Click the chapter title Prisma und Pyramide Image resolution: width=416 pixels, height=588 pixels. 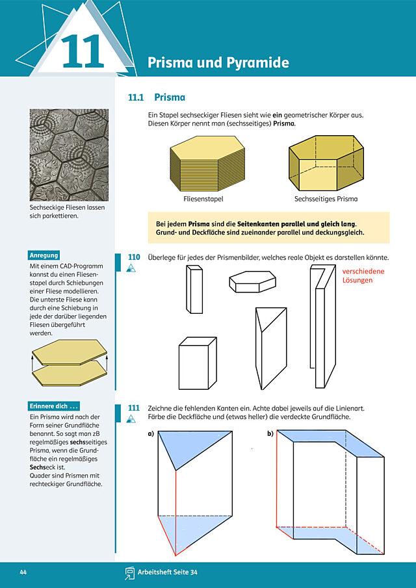[218, 62]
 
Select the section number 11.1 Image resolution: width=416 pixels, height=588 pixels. [136, 97]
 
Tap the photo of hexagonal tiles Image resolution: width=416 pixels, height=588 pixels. [69, 155]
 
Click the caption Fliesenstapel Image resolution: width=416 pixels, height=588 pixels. [203, 199]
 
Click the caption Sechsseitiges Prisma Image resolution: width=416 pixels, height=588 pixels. [326, 199]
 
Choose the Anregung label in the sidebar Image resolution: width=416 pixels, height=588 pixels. [44, 255]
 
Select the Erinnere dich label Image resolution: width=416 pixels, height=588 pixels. [54, 406]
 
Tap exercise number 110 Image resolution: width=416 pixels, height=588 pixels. [134, 257]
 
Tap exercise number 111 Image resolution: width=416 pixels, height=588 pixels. [134, 408]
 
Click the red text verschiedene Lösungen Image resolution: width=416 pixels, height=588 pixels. [363, 275]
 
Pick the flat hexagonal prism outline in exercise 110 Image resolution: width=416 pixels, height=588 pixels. [252, 281]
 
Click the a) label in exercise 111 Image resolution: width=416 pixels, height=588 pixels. [151, 434]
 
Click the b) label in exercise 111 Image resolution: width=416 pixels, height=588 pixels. [270, 434]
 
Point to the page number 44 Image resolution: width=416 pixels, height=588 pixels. [23, 572]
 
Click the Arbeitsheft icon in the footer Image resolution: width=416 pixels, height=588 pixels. [130, 572]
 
